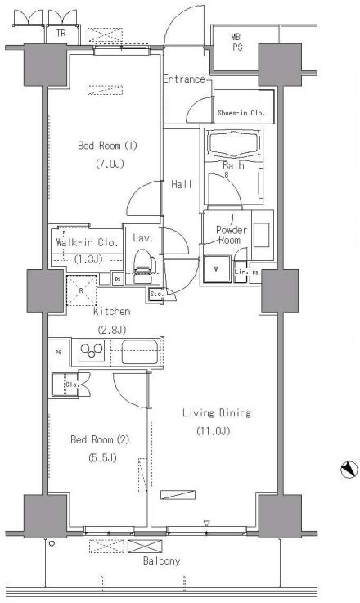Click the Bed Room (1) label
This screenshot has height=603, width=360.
[x=107, y=146]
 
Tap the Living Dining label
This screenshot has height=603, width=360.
[x=217, y=413]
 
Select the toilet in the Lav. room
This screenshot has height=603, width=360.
[x=142, y=265]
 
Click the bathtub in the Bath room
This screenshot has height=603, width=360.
[x=233, y=143]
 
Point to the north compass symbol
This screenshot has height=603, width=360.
[x=349, y=470]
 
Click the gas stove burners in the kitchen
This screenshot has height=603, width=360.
[x=91, y=351]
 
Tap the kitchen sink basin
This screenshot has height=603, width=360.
[x=140, y=352]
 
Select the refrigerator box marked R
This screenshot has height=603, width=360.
[x=81, y=290]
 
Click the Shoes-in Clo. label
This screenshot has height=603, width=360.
[x=241, y=113]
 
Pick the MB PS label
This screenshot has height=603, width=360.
[x=236, y=43]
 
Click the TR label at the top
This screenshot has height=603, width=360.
[x=61, y=34]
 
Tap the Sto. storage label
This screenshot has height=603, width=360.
[x=157, y=294]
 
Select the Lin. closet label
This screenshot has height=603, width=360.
[x=241, y=272]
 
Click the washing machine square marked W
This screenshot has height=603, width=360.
[x=216, y=269]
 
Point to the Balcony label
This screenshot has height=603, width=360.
[x=161, y=561]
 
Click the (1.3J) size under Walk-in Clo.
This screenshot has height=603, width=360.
[x=88, y=259]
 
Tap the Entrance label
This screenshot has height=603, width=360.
[x=184, y=79]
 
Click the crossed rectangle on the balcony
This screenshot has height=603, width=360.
[x=145, y=546]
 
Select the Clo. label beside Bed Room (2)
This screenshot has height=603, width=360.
[x=72, y=385]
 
